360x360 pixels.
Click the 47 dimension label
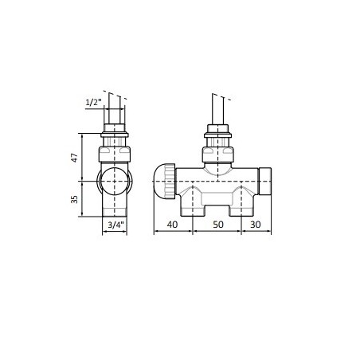point(75,158)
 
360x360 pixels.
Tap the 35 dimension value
point(75,199)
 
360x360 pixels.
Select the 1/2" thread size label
point(94,103)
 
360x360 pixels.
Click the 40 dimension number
point(172,225)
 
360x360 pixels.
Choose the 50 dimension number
point(218,225)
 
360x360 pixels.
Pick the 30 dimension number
point(256,225)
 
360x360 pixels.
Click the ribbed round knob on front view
point(164,182)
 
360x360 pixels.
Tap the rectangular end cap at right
point(265,182)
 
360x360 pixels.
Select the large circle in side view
point(115,182)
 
